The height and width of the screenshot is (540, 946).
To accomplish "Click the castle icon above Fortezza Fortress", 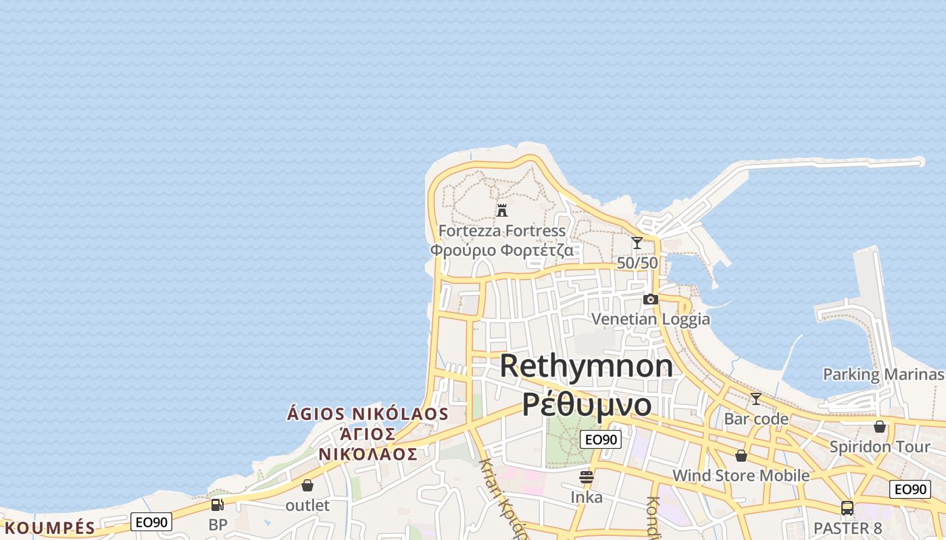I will click(x=501, y=211).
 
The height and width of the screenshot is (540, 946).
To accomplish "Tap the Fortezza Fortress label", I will click(x=502, y=231).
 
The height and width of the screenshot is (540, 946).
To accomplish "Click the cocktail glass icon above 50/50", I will click(x=637, y=243).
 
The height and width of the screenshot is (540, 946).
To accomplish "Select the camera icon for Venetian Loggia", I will click(x=650, y=299).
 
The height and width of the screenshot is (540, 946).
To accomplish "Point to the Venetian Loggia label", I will click(x=651, y=319).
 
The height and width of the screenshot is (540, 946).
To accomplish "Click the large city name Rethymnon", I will click(x=587, y=366).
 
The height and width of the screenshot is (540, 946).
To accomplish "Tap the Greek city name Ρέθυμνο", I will click(x=587, y=404).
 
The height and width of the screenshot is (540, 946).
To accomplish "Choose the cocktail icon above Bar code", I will click(x=755, y=399).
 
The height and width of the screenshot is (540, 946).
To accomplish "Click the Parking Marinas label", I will click(x=882, y=375).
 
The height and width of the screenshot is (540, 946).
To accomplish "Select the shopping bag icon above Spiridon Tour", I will click(x=879, y=427).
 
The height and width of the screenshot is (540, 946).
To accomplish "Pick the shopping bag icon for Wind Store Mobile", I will click(x=741, y=456).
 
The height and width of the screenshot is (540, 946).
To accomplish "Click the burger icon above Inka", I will click(x=586, y=477).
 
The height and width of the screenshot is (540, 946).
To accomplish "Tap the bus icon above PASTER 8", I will click(x=847, y=508).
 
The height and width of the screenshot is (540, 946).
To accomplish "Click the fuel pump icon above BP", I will click(x=217, y=504).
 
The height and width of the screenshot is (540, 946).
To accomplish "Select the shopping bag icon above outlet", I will click(x=307, y=485).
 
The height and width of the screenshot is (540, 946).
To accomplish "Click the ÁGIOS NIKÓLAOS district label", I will click(x=368, y=413).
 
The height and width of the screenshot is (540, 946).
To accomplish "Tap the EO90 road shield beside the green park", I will click(x=600, y=439).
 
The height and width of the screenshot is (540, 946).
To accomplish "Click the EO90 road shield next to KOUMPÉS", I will click(x=151, y=522).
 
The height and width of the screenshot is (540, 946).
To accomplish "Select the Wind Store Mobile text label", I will click(x=741, y=475).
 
